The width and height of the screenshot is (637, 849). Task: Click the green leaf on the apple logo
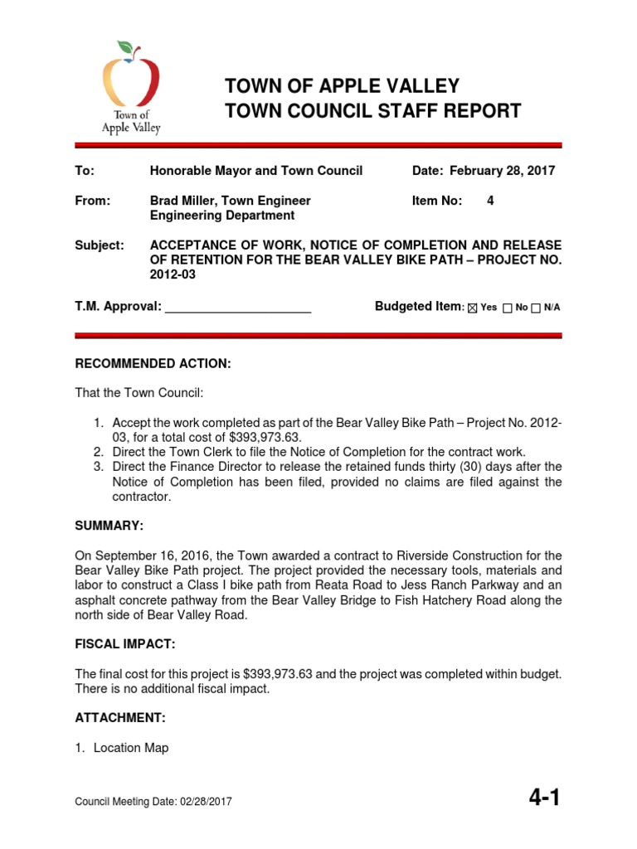click(125, 47)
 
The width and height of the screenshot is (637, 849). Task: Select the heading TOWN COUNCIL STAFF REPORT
click(373, 111)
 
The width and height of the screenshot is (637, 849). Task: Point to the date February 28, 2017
click(503, 171)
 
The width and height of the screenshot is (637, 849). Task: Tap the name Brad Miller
click(185, 201)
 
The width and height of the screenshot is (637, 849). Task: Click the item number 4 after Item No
click(490, 201)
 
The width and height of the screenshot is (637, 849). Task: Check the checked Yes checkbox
click(474, 308)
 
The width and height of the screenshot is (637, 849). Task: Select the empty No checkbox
click(508, 308)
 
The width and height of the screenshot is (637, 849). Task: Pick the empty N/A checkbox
click(536, 308)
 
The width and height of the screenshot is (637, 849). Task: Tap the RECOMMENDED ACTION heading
click(153, 364)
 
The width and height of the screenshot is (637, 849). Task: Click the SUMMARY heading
click(109, 526)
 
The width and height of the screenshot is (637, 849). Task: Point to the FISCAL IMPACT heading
click(125, 644)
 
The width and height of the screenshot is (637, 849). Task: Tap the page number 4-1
click(544, 798)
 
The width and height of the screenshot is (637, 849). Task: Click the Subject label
click(99, 245)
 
